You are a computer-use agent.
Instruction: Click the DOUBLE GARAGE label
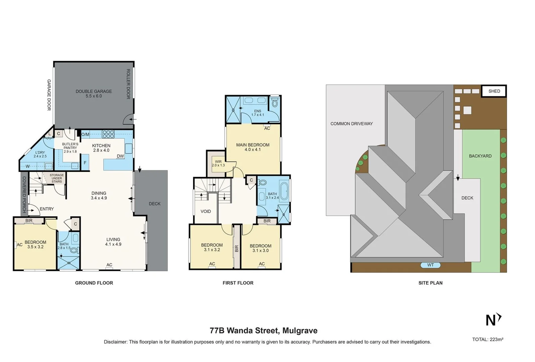click(94, 94)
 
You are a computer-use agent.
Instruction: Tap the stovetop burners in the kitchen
click(108, 134)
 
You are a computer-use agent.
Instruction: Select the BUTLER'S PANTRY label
click(70, 147)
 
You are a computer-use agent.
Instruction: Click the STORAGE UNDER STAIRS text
click(57, 178)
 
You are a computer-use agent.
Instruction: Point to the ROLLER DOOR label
click(128, 84)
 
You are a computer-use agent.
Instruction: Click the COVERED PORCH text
click(24, 194)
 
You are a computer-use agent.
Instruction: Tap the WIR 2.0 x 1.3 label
click(218, 163)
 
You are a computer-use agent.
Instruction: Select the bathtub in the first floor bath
click(284, 191)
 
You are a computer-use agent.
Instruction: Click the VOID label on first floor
click(206, 211)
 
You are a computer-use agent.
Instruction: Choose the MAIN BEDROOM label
click(253, 147)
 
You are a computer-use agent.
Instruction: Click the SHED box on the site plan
click(494, 91)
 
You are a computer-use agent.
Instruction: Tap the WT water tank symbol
click(431, 265)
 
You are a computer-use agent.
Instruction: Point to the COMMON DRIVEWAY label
click(352, 124)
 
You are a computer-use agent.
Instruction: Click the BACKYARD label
click(480, 156)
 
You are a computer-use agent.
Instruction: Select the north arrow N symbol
click(493, 320)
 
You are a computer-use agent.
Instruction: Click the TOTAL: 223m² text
click(488, 339)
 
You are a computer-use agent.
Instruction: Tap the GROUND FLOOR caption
click(94, 283)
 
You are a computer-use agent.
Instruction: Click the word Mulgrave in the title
click(300, 330)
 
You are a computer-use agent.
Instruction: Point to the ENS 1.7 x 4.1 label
click(258, 113)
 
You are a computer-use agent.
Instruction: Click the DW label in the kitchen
click(120, 156)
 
